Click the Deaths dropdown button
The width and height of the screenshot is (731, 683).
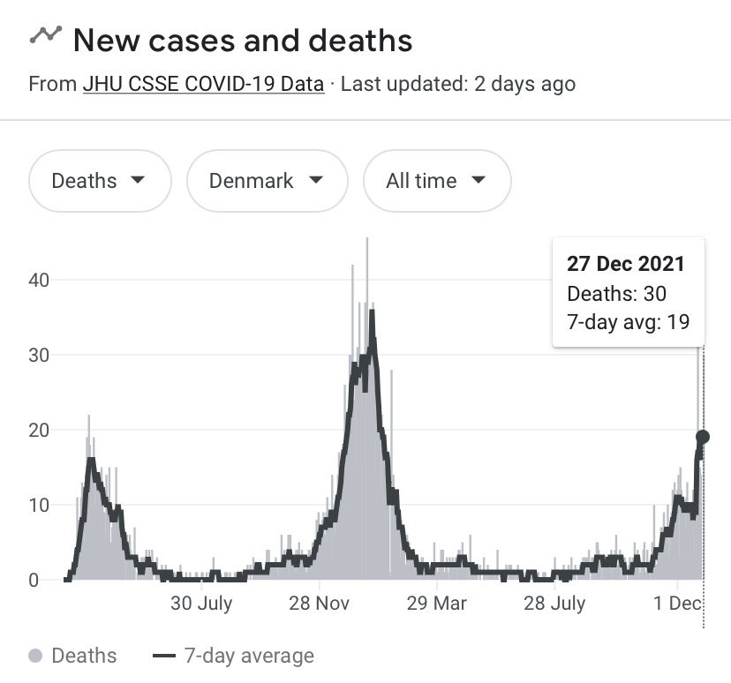(x=99, y=181)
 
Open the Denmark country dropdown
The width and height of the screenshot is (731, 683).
(x=265, y=181)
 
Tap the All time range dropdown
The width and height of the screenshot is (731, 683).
(x=436, y=181)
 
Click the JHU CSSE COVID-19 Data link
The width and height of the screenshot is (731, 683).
(x=203, y=85)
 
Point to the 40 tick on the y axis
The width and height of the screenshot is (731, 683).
(x=37, y=280)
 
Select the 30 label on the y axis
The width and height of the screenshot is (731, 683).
(x=37, y=355)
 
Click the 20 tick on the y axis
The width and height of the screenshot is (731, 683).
(x=37, y=430)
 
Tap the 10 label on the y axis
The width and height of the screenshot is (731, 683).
(x=37, y=505)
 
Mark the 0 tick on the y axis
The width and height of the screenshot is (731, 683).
(x=33, y=580)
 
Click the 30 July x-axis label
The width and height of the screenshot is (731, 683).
(x=201, y=604)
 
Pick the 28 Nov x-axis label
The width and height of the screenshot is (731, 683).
(x=320, y=604)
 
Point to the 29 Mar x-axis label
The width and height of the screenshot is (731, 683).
(x=436, y=604)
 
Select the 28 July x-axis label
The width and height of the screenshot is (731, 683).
(x=554, y=604)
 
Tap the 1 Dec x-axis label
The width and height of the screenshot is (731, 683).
(x=678, y=604)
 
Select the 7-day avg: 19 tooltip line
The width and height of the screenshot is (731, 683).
(x=628, y=321)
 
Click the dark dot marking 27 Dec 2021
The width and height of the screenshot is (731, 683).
(x=703, y=436)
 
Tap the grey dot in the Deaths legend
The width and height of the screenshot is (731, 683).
(x=35, y=656)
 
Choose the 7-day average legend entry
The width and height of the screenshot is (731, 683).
(x=233, y=656)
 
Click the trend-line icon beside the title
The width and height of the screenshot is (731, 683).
(x=46, y=35)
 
